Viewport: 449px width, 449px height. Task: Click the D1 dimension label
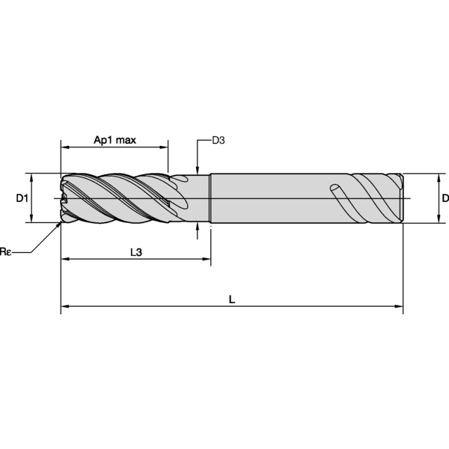point(22,198)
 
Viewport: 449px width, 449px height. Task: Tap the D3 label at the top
point(219,140)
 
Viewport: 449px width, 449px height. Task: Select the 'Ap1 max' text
point(114,140)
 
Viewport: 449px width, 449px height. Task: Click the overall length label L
point(232,299)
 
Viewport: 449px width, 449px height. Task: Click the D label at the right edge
point(445,198)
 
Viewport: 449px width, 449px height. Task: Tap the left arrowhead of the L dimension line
point(64,306)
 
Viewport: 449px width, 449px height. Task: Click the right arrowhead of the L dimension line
point(399,306)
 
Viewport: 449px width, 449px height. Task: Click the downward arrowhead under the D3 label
point(197,170)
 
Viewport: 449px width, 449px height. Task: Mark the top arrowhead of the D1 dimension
point(31,177)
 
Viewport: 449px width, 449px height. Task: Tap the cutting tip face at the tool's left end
point(64,198)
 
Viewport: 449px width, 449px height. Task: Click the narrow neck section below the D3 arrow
point(196,198)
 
